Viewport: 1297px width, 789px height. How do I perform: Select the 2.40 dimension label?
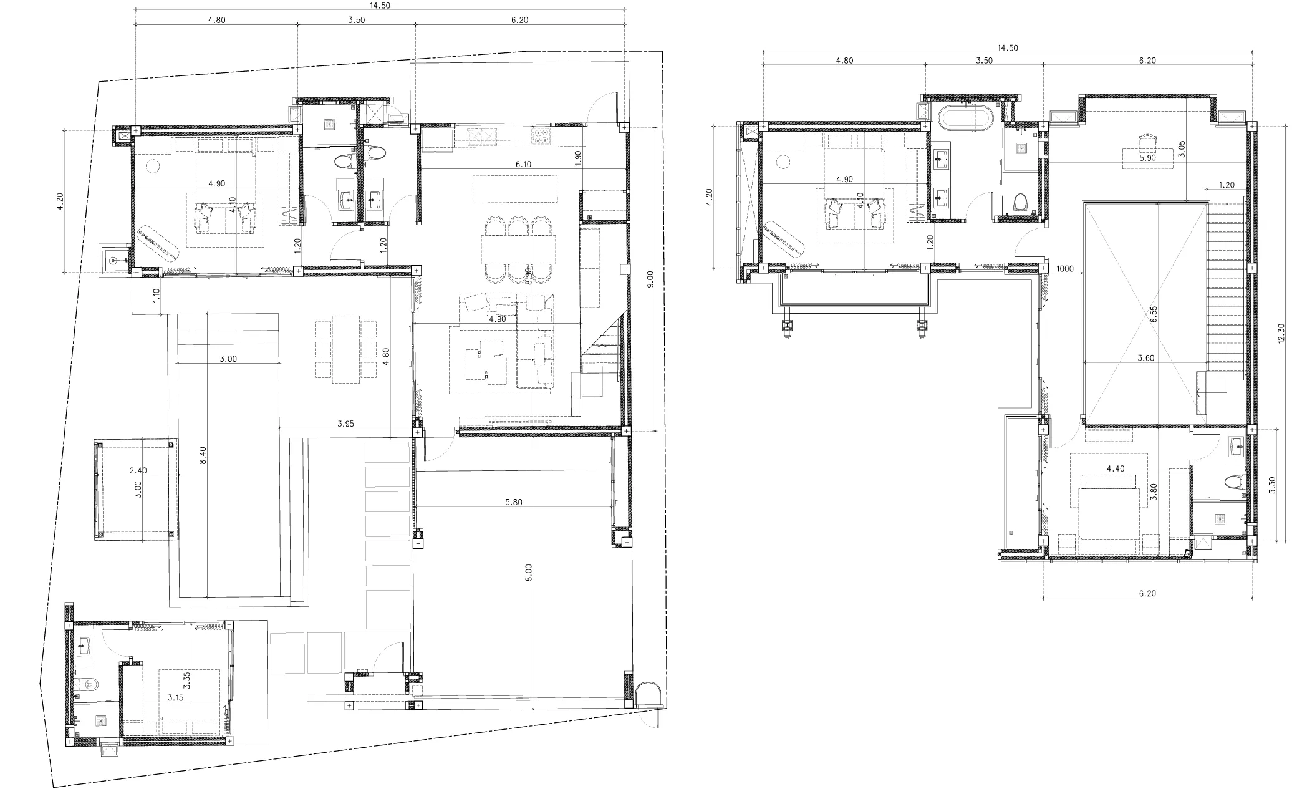138,471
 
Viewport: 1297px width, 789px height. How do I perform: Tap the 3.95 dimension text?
345,424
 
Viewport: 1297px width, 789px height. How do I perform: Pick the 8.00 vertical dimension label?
529,573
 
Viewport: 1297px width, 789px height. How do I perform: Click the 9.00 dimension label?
651,279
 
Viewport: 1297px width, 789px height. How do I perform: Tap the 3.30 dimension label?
1272,485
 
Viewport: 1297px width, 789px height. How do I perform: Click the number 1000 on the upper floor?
1065,269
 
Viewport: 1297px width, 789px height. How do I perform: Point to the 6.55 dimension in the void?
1154,314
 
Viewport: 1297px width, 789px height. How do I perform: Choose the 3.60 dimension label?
1146,358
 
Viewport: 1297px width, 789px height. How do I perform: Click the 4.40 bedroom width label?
1116,468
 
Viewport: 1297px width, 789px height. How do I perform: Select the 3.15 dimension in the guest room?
175,698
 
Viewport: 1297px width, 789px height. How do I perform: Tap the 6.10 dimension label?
523,165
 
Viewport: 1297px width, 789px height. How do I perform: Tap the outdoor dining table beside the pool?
345,349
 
